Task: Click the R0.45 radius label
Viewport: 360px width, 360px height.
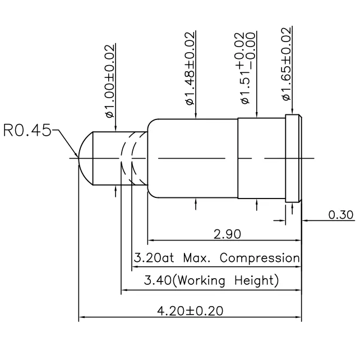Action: tap(27, 131)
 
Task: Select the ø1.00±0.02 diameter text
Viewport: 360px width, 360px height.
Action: tap(110, 81)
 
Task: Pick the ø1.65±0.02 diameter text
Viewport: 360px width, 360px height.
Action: tap(287, 64)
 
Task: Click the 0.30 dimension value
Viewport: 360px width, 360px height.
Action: tap(340, 214)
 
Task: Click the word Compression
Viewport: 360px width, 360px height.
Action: tap(260, 259)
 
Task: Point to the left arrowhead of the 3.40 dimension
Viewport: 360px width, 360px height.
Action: tap(125, 290)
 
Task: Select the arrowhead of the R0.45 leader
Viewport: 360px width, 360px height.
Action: tap(76, 154)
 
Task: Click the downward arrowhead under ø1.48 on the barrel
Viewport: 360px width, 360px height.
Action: tap(195, 116)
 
